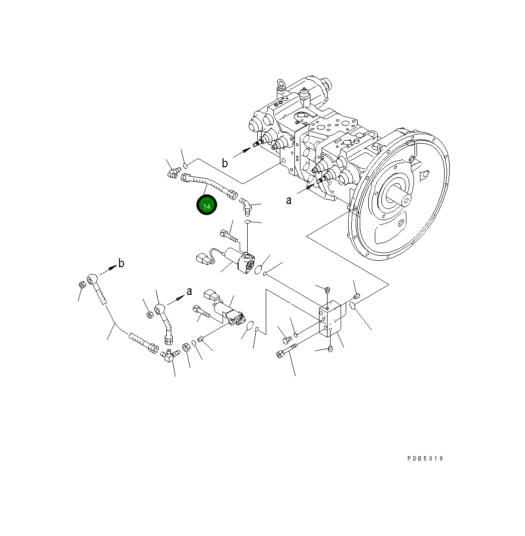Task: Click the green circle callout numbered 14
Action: (206, 206)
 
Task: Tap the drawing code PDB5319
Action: (425, 458)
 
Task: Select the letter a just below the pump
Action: (288, 200)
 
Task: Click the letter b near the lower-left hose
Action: (121, 263)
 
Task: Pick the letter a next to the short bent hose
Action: (189, 291)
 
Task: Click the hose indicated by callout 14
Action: (207, 184)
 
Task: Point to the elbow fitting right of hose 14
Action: (246, 204)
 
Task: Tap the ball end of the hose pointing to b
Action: (93, 278)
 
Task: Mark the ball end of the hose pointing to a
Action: (159, 308)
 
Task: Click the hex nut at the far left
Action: (81, 285)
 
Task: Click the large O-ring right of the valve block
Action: (353, 306)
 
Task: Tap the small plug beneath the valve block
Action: (330, 349)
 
